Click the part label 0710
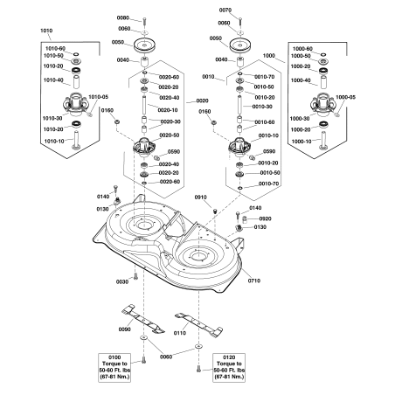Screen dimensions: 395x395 254,281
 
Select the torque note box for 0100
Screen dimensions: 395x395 114,368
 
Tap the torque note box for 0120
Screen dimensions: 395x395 229,368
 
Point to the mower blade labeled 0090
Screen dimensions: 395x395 143,319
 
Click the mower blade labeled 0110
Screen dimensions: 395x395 198,325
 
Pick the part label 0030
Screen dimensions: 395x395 122,281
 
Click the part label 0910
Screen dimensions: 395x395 201,197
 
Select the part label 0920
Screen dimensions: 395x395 265,218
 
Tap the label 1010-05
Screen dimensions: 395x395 98,97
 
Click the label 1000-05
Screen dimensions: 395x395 345,97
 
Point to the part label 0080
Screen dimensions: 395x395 123,17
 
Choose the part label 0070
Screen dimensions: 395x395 225,10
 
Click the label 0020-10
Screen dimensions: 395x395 168,110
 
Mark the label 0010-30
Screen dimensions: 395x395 262,107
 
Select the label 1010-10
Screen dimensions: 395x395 54,142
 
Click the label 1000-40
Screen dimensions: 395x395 301,80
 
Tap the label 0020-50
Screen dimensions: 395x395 170,135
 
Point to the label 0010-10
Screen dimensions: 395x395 268,135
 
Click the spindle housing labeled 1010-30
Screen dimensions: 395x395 75,103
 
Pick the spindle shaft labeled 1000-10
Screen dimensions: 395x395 322,141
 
